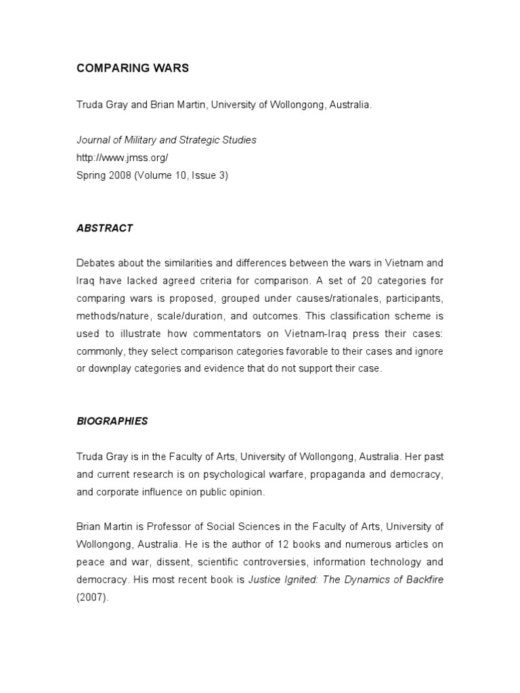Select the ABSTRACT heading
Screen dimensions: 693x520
(104, 228)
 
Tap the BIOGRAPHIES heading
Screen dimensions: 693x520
(112, 421)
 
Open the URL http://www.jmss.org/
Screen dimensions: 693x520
(122, 158)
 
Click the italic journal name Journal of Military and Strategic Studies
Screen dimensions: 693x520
(167, 140)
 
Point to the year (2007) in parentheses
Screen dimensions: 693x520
(92, 598)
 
